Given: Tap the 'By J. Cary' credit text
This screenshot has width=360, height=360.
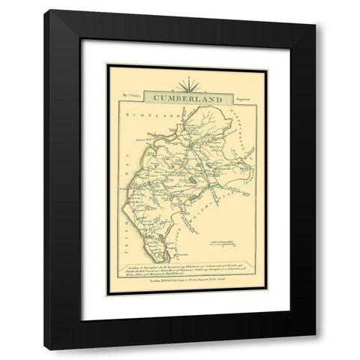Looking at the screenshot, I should tap(129, 95).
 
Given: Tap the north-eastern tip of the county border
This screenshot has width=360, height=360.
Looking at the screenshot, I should tap(226, 109).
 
